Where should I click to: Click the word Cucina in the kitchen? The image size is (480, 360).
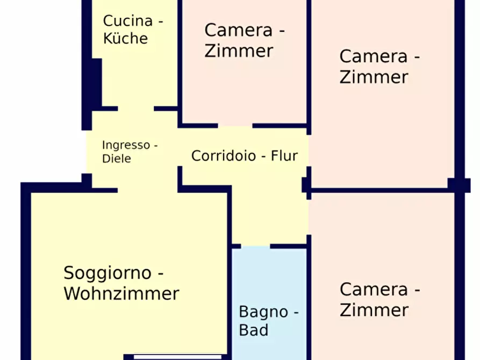[128, 21]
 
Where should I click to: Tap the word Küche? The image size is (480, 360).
[125, 39]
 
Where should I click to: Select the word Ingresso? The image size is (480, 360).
[125, 145]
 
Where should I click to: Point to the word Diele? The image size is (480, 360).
[117, 159]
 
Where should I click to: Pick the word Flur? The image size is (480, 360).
[284, 156]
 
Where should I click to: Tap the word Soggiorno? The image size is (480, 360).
[109, 273]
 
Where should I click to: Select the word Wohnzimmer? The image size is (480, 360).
[121, 294]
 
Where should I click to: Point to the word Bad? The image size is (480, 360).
[253, 330]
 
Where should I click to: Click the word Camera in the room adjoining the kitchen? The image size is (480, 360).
[239, 30]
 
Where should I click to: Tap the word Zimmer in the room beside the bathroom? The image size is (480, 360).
[374, 310]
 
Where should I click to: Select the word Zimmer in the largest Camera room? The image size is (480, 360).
[374, 77]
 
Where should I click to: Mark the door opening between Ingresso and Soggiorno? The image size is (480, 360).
[147, 190]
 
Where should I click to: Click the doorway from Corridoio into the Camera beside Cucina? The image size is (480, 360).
[235, 126]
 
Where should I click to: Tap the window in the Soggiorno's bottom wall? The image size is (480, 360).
[177, 356]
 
